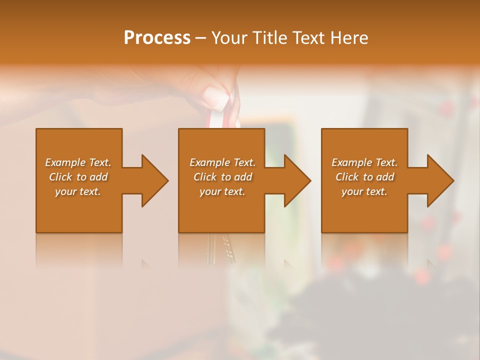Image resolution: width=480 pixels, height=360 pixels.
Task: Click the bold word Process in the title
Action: tap(157, 38)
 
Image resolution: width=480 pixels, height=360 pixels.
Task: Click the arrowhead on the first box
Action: tap(153, 180)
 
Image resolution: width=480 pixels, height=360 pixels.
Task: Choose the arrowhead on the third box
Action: tap(439, 180)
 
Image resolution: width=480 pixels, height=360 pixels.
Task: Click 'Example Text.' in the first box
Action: tap(78, 162)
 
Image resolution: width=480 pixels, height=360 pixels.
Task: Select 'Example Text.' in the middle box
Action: tap(222, 162)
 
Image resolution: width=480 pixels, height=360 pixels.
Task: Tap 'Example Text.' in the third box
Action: tap(364, 162)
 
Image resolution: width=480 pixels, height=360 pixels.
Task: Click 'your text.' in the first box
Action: tap(78, 191)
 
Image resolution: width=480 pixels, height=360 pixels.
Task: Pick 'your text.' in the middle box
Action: tap(222, 191)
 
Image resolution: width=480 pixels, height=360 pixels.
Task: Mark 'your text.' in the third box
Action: tap(364, 191)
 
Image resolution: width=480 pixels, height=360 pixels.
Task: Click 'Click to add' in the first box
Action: tap(78, 177)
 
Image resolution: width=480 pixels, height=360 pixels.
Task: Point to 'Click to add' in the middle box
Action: tap(222, 177)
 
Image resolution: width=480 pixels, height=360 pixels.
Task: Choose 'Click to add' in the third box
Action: tap(364, 177)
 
